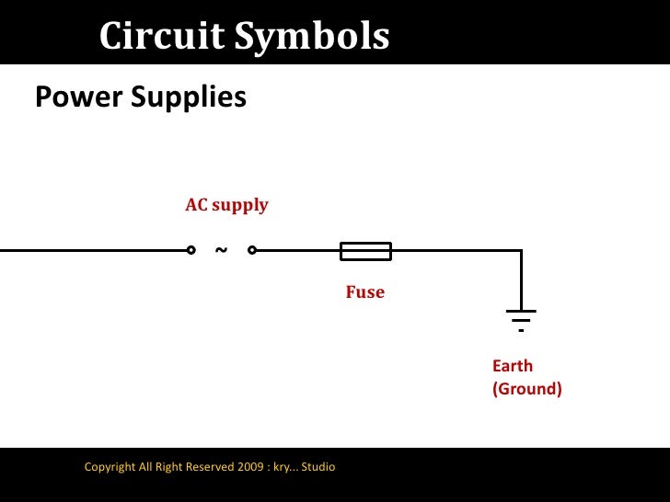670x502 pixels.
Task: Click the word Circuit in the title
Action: (162, 37)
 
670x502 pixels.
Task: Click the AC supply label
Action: (226, 204)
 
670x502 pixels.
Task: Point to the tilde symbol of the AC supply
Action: (221, 249)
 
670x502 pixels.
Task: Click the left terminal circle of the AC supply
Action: (191, 250)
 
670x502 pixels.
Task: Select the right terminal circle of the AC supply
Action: (251, 250)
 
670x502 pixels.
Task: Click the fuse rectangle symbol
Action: (365, 250)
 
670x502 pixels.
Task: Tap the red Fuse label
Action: (364, 292)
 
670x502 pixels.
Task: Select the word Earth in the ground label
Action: (513, 366)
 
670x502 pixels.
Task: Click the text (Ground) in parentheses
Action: (526, 389)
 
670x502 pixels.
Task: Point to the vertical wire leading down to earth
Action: (521, 280)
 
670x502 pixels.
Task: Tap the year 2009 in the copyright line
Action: (253, 467)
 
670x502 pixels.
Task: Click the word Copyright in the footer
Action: (110, 467)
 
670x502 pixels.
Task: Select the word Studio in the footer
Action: (318, 467)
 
